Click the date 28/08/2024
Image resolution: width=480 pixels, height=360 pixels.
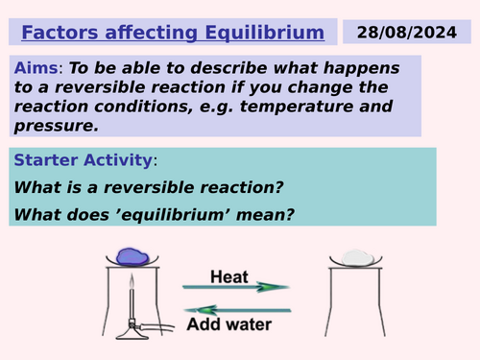pos(415,33)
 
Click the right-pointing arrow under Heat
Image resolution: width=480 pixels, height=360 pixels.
pos(236,286)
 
